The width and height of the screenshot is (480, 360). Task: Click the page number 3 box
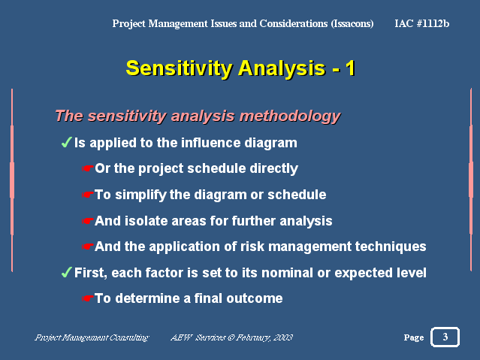click(445, 337)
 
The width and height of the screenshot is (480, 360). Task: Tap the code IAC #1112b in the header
click(422, 23)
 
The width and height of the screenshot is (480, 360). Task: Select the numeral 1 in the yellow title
click(350, 68)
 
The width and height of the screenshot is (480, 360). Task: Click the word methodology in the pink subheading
click(290, 116)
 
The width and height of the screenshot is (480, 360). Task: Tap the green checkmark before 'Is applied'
click(66, 142)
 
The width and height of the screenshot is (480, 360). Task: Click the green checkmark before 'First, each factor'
click(66, 272)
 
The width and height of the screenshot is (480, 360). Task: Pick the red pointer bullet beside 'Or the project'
click(87, 168)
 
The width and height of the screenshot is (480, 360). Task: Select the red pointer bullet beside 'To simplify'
click(87, 195)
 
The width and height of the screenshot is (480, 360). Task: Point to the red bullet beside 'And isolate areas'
click(87, 221)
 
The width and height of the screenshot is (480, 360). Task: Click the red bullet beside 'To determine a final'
click(87, 298)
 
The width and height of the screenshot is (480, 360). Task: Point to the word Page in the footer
click(414, 337)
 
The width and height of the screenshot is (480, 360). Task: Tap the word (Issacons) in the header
click(352, 23)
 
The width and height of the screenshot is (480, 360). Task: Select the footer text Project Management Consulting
click(92, 337)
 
